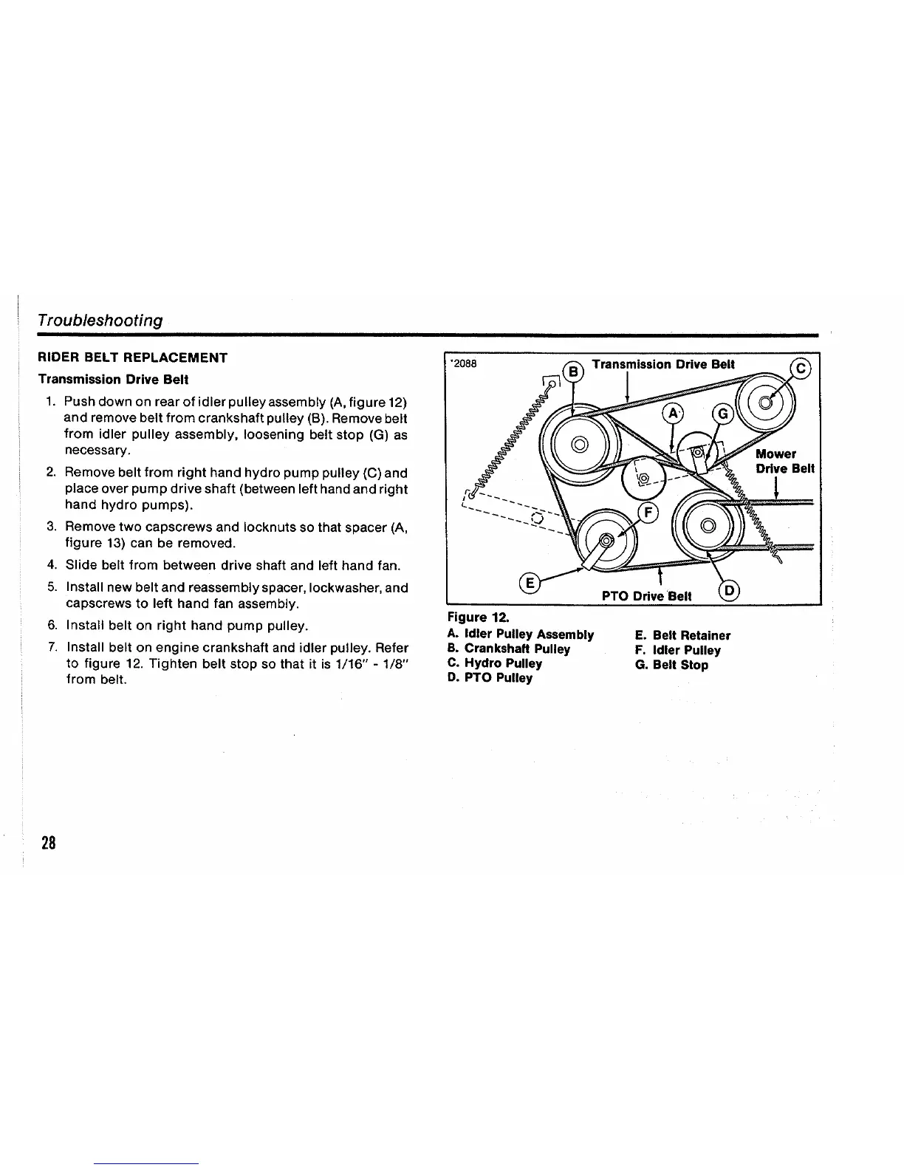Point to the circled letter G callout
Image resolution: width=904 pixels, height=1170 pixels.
coord(722,414)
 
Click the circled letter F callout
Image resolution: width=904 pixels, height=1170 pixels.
coord(648,514)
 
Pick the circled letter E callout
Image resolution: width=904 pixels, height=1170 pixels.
coord(530,583)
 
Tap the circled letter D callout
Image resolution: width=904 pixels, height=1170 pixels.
coord(727,592)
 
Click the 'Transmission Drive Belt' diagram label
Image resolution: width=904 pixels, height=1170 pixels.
coord(663,364)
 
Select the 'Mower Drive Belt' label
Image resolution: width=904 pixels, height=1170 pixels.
coord(784,461)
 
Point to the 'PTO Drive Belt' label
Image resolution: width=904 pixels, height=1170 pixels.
coord(646,596)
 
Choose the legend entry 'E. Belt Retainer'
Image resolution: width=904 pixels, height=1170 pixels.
coord(682,635)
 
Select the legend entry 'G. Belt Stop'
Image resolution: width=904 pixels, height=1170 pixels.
coord(671,665)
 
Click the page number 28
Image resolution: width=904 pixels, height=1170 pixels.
coord(49,843)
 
